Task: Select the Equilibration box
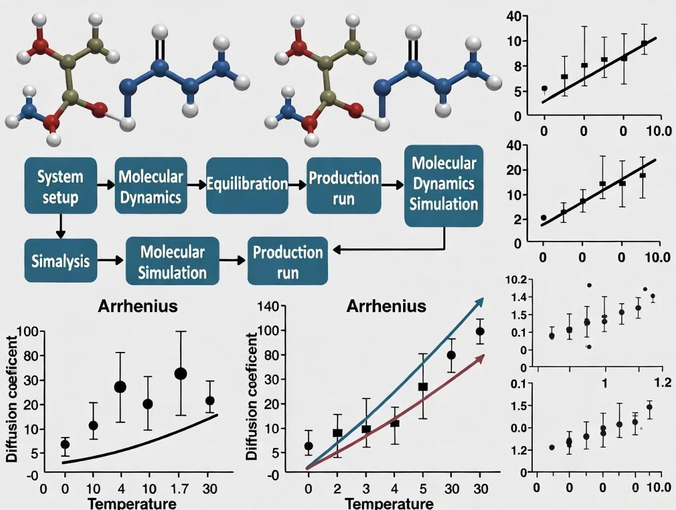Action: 247,185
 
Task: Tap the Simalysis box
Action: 60,261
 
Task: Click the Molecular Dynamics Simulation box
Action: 443,183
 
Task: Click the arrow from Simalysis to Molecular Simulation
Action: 111,261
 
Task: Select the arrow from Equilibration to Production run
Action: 298,184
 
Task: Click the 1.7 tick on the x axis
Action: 181,489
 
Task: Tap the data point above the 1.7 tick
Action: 181,373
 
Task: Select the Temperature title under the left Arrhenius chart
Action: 132,504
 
